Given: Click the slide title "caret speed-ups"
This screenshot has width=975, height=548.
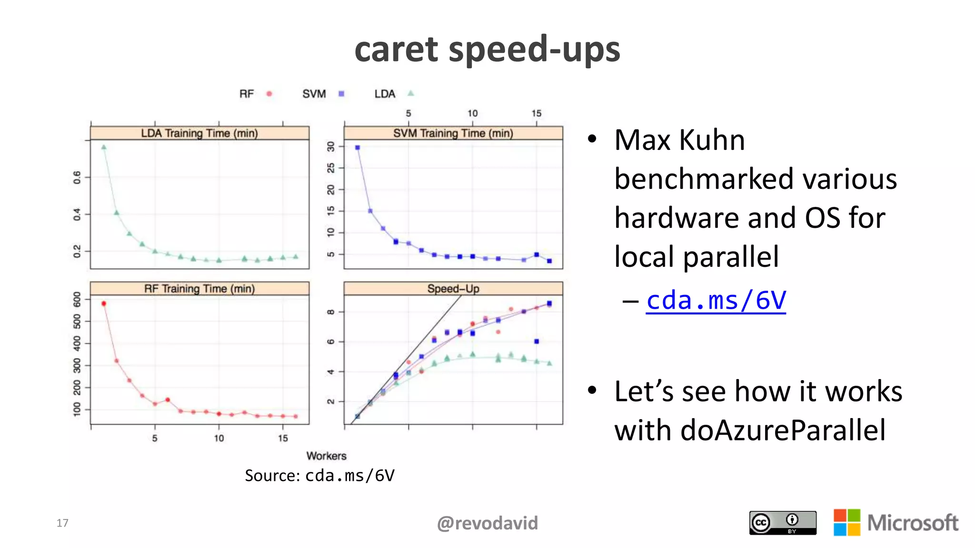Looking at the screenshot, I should tap(487, 49).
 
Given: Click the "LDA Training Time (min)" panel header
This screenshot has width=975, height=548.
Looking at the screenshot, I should tap(199, 133).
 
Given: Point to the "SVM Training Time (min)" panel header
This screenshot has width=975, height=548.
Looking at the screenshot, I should tap(453, 133).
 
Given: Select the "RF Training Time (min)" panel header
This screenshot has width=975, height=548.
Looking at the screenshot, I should tap(199, 289).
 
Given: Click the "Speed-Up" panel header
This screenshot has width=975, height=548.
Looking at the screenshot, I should tap(453, 289).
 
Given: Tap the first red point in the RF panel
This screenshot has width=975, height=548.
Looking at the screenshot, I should tap(104, 303).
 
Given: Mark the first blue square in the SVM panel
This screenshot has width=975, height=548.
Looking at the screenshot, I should tap(358, 147).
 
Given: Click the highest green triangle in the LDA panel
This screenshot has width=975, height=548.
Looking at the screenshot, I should tap(104, 147).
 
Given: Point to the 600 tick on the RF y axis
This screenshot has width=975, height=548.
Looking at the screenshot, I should tap(77, 299).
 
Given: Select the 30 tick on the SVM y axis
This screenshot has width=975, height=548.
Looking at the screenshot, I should tap(331, 146).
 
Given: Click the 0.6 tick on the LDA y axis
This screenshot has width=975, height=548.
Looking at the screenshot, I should tap(77, 177).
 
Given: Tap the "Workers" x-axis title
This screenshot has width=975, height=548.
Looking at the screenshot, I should tap(326, 456).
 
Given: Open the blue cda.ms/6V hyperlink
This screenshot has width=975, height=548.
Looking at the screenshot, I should tap(716, 301).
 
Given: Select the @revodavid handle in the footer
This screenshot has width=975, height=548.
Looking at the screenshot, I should tap(487, 523).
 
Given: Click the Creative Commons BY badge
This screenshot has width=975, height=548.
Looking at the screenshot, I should tap(782, 523).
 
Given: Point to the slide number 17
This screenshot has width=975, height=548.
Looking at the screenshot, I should tap(62, 523).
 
